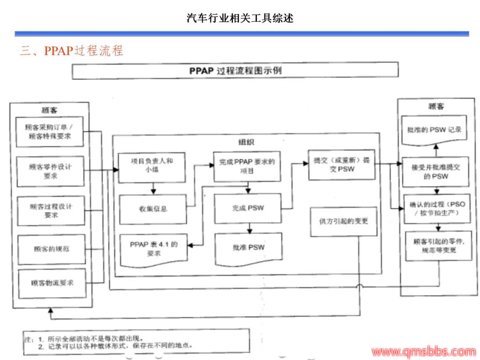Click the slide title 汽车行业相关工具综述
click(x=240, y=18)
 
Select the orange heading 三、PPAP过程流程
click(x=71, y=51)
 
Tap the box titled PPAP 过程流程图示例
click(x=235, y=71)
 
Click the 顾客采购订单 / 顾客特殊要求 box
click(x=49, y=132)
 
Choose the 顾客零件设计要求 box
click(x=50, y=171)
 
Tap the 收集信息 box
click(x=152, y=208)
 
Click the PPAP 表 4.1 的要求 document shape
click(x=153, y=249)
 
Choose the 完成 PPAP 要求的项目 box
click(x=247, y=166)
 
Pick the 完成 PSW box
click(x=248, y=208)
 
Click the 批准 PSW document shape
click(x=248, y=248)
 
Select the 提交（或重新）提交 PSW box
click(x=341, y=164)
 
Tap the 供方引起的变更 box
click(x=344, y=221)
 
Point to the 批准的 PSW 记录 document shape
click(x=434, y=130)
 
